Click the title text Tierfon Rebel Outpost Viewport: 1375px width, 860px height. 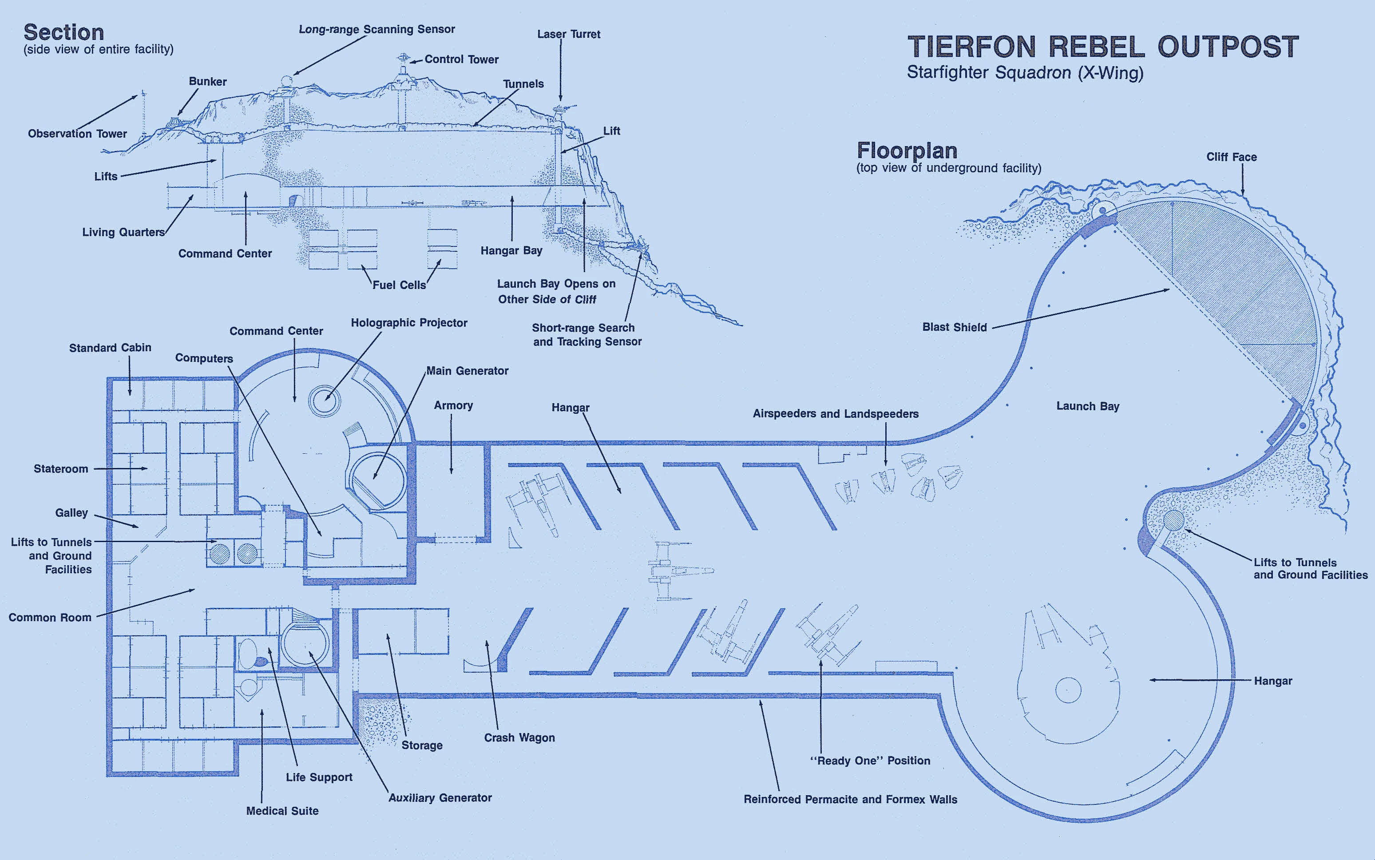pyautogui.click(x=1103, y=46)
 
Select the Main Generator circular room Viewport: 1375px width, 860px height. pyautogui.click(x=376, y=481)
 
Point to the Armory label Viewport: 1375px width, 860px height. pyautogui.click(x=453, y=405)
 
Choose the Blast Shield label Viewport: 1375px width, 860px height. pyautogui.click(x=954, y=327)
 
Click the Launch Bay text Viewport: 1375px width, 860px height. pyautogui.click(x=1087, y=406)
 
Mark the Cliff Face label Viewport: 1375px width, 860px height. pyautogui.click(x=1232, y=157)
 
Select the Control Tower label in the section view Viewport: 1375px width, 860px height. pyautogui.click(x=461, y=59)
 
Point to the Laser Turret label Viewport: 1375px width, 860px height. pyautogui.click(x=569, y=34)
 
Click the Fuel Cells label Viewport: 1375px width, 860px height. pyautogui.click(x=399, y=285)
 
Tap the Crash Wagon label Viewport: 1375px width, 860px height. pyautogui.click(x=519, y=738)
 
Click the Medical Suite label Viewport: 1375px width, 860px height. pyautogui.click(x=282, y=811)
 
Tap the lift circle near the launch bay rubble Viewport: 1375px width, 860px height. pyautogui.click(x=1173, y=520)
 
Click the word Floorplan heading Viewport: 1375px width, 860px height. pyautogui.click(x=907, y=151)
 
